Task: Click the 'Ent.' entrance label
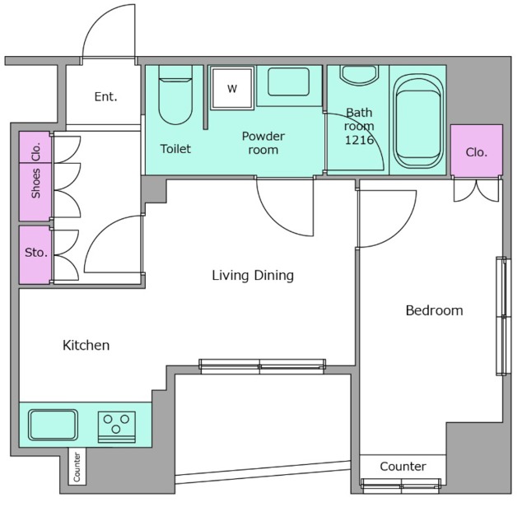point(106,97)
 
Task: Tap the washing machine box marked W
point(232,88)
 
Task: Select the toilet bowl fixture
point(175,95)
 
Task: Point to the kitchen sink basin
point(53,425)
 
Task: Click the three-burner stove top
point(117,426)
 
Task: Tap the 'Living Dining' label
point(253,276)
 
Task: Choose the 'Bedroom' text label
point(434,310)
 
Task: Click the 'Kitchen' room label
point(86,346)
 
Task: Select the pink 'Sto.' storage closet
point(35,254)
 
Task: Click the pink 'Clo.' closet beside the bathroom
point(477,150)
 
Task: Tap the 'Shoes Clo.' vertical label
point(35,170)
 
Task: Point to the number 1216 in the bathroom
point(359,140)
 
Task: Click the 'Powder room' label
point(263,142)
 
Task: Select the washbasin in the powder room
point(288,81)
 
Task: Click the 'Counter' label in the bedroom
point(403,467)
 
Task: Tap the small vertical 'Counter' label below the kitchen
point(77,467)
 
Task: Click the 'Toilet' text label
point(175,149)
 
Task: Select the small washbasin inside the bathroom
point(359,75)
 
